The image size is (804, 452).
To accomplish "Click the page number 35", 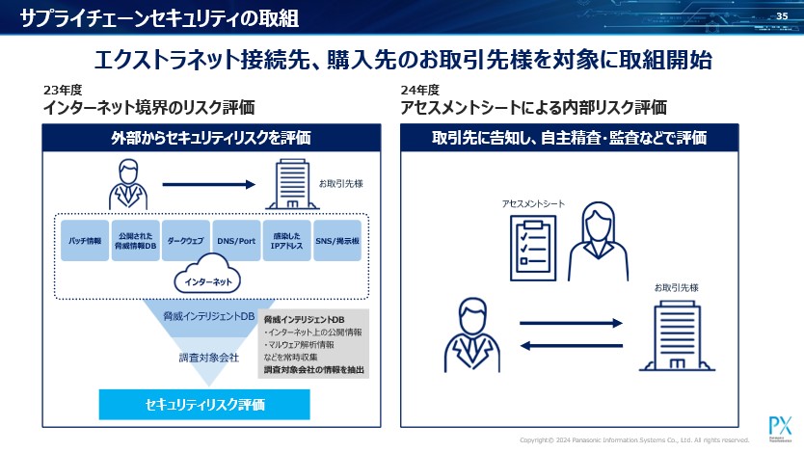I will click(782, 14).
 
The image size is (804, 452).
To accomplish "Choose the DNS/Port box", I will click(235, 241).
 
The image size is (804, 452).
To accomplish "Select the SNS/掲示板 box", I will click(338, 241).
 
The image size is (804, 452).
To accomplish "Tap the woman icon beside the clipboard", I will click(594, 245).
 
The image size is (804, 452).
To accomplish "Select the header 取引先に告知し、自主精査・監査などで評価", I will click(569, 138).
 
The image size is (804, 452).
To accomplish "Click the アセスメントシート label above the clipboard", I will click(533, 204).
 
